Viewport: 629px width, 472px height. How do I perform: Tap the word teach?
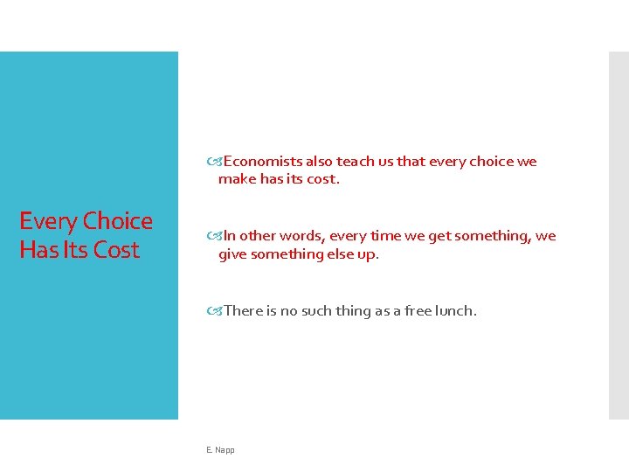click(x=354, y=162)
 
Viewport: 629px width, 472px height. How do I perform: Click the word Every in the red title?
click(x=48, y=221)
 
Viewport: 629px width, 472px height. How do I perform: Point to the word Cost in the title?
click(x=117, y=250)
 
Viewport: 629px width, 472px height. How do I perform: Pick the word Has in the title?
click(x=38, y=250)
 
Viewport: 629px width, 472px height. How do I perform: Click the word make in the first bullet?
click(x=236, y=180)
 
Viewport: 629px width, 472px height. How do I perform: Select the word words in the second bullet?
click(x=302, y=236)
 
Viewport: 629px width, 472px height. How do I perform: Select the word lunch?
click(x=459, y=310)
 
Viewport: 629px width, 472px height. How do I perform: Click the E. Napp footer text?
click(x=220, y=450)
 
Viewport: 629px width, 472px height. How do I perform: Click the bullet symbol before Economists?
click(x=215, y=162)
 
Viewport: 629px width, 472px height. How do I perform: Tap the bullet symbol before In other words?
click(x=215, y=236)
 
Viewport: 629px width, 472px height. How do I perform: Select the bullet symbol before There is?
click(x=215, y=310)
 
